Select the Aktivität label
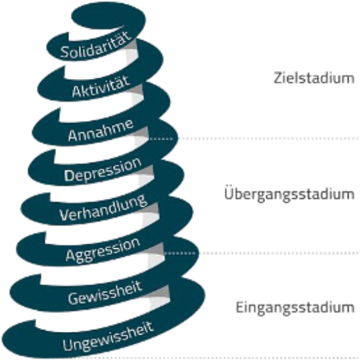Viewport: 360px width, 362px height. click(100, 86)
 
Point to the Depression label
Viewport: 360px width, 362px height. click(103, 170)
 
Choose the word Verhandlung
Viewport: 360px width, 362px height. click(103, 207)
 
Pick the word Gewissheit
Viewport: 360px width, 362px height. click(105, 292)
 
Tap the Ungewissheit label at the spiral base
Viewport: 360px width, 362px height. click(108, 336)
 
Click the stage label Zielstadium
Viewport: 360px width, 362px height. click(314, 78)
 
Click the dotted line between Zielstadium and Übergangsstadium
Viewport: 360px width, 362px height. click(254, 139)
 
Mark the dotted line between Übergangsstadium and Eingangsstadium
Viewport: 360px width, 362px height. click(261, 253)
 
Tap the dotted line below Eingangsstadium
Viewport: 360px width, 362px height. click(277, 359)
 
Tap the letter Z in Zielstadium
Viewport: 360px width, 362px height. click(278, 78)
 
